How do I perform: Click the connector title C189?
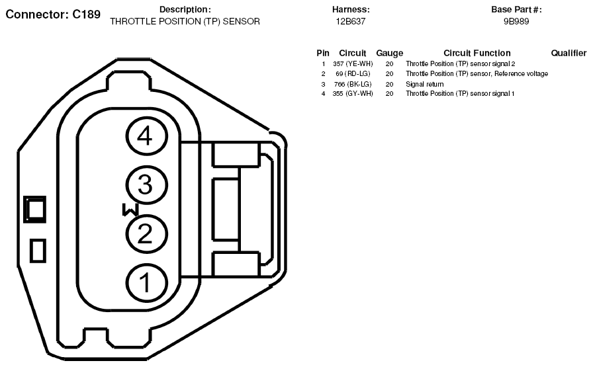(x=53, y=14)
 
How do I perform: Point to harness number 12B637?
(x=351, y=21)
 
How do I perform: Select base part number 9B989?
(x=516, y=21)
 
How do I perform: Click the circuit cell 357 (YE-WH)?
(x=353, y=64)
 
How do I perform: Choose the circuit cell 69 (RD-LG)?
(x=353, y=74)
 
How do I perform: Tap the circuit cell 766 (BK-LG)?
(x=353, y=84)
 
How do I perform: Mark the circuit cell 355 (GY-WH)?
(x=353, y=94)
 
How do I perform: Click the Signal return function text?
(x=424, y=84)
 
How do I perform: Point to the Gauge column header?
(x=389, y=53)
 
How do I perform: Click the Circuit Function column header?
(x=477, y=53)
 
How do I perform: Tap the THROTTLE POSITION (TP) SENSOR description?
(x=185, y=21)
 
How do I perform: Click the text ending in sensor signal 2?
(x=460, y=64)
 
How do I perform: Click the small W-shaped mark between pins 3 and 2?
(x=129, y=210)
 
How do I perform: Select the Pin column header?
(x=323, y=53)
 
